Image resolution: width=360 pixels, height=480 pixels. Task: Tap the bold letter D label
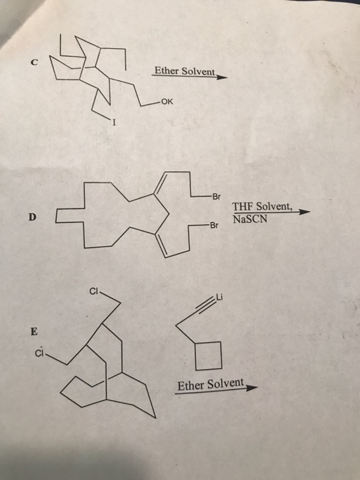[32, 217]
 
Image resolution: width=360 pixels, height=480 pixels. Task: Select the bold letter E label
[34, 331]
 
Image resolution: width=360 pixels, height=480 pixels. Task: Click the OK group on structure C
[167, 102]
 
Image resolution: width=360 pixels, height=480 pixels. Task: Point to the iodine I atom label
[115, 123]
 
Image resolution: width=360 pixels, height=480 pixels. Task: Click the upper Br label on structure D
[216, 197]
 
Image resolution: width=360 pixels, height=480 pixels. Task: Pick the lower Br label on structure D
[213, 226]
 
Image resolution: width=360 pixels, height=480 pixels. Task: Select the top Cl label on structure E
[94, 291]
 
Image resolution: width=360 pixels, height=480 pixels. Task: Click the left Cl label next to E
[40, 354]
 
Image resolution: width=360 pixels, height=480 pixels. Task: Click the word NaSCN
[250, 219]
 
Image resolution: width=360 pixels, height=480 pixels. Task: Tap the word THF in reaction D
[243, 206]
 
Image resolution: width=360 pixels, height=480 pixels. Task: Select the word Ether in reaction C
[167, 71]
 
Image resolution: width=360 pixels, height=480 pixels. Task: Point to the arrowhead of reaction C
[222, 77]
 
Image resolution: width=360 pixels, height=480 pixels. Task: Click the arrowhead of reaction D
[304, 212]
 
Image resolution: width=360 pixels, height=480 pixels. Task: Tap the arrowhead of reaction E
[252, 388]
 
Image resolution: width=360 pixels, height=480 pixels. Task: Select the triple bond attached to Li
[206, 307]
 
